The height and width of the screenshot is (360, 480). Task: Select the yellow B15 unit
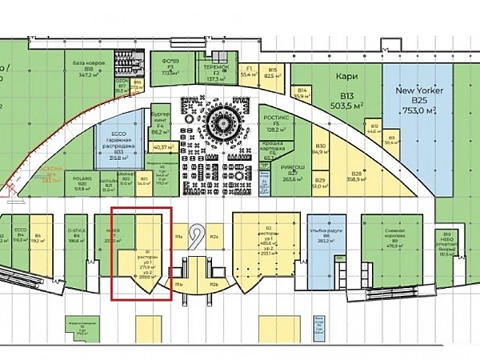coord(272,73)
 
